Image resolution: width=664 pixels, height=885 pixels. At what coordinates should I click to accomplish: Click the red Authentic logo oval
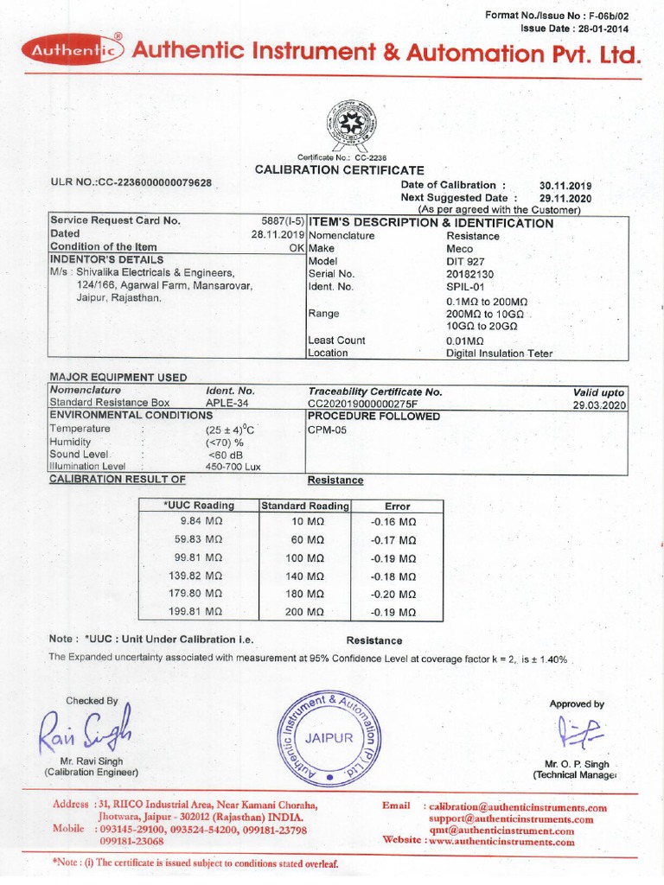[75, 53]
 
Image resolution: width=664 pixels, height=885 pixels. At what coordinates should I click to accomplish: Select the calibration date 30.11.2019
[565, 185]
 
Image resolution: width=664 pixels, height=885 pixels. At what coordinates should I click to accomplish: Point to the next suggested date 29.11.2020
[565, 197]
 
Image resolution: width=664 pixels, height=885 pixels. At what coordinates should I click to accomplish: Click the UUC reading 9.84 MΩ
[201, 522]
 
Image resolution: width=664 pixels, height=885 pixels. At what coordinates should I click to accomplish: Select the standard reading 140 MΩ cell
[304, 576]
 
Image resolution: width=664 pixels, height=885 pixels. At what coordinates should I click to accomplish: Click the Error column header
[397, 506]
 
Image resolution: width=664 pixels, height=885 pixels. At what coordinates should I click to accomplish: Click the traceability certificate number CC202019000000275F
[374, 404]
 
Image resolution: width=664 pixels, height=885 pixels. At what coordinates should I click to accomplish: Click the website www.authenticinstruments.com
[501, 841]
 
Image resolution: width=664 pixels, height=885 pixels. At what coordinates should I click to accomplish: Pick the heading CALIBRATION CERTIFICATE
[339, 170]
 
